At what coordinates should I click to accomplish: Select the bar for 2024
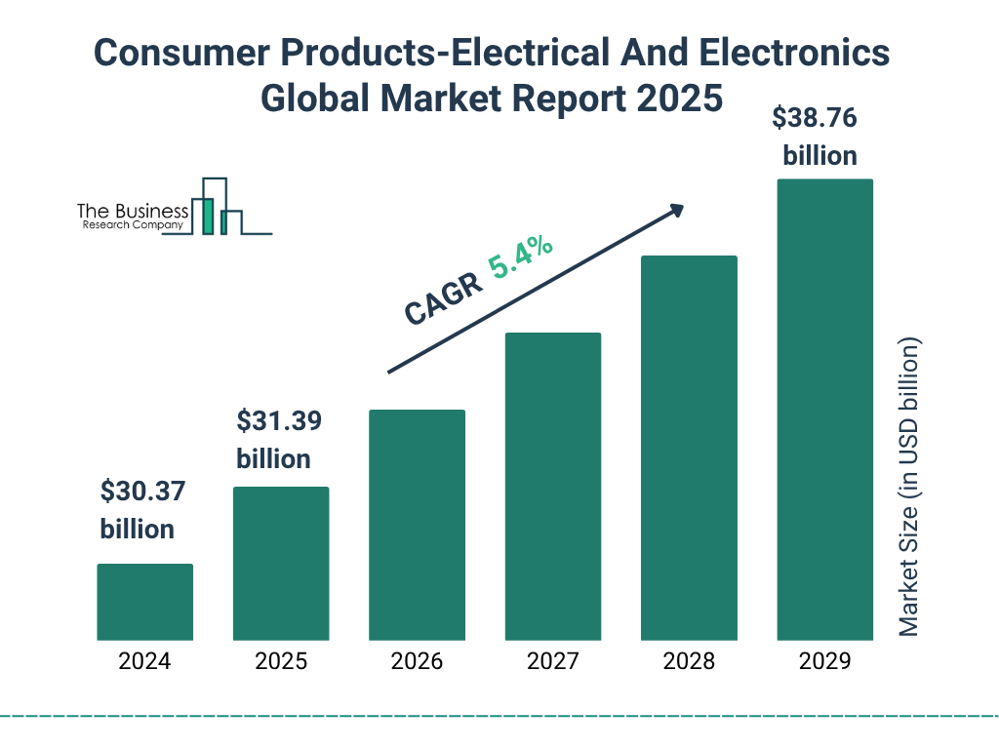point(144,602)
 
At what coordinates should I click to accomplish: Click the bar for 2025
point(281,563)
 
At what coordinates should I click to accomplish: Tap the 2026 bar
point(417,525)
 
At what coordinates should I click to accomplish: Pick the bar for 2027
point(552,486)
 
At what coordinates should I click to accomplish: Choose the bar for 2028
point(689,448)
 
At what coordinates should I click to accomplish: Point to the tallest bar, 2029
point(824,410)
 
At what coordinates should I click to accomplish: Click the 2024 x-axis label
point(144,661)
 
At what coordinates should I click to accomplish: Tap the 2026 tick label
point(417,661)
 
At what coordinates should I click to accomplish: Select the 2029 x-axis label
point(824,661)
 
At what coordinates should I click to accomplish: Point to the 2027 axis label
point(552,661)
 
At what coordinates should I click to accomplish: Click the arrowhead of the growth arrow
point(676,210)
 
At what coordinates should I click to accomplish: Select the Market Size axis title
point(909,488)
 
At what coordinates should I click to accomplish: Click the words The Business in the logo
point(133,212)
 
